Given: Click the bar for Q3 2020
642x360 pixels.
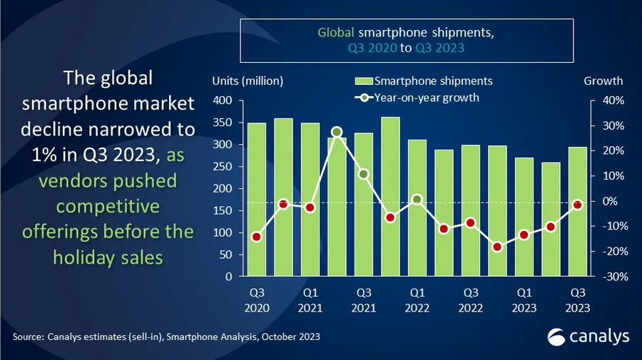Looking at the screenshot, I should click(257, 200).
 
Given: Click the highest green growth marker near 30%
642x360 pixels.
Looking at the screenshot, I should click(337, 132).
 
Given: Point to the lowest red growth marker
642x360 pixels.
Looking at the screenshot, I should click(498, 247).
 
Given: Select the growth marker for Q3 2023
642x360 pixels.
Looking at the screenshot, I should click(578, 205).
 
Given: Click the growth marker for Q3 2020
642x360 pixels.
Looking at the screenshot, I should click(257, 237).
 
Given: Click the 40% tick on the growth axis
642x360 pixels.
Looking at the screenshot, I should click(613, 101).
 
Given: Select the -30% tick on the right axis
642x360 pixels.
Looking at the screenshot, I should click(613, 277).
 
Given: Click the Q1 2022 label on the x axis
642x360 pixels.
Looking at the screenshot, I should click(417, 299).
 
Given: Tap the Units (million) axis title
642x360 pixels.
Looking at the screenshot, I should click(248, 81).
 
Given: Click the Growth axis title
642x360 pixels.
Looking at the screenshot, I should click(603, 81).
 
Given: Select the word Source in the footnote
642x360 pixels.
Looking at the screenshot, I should click(27, 336).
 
